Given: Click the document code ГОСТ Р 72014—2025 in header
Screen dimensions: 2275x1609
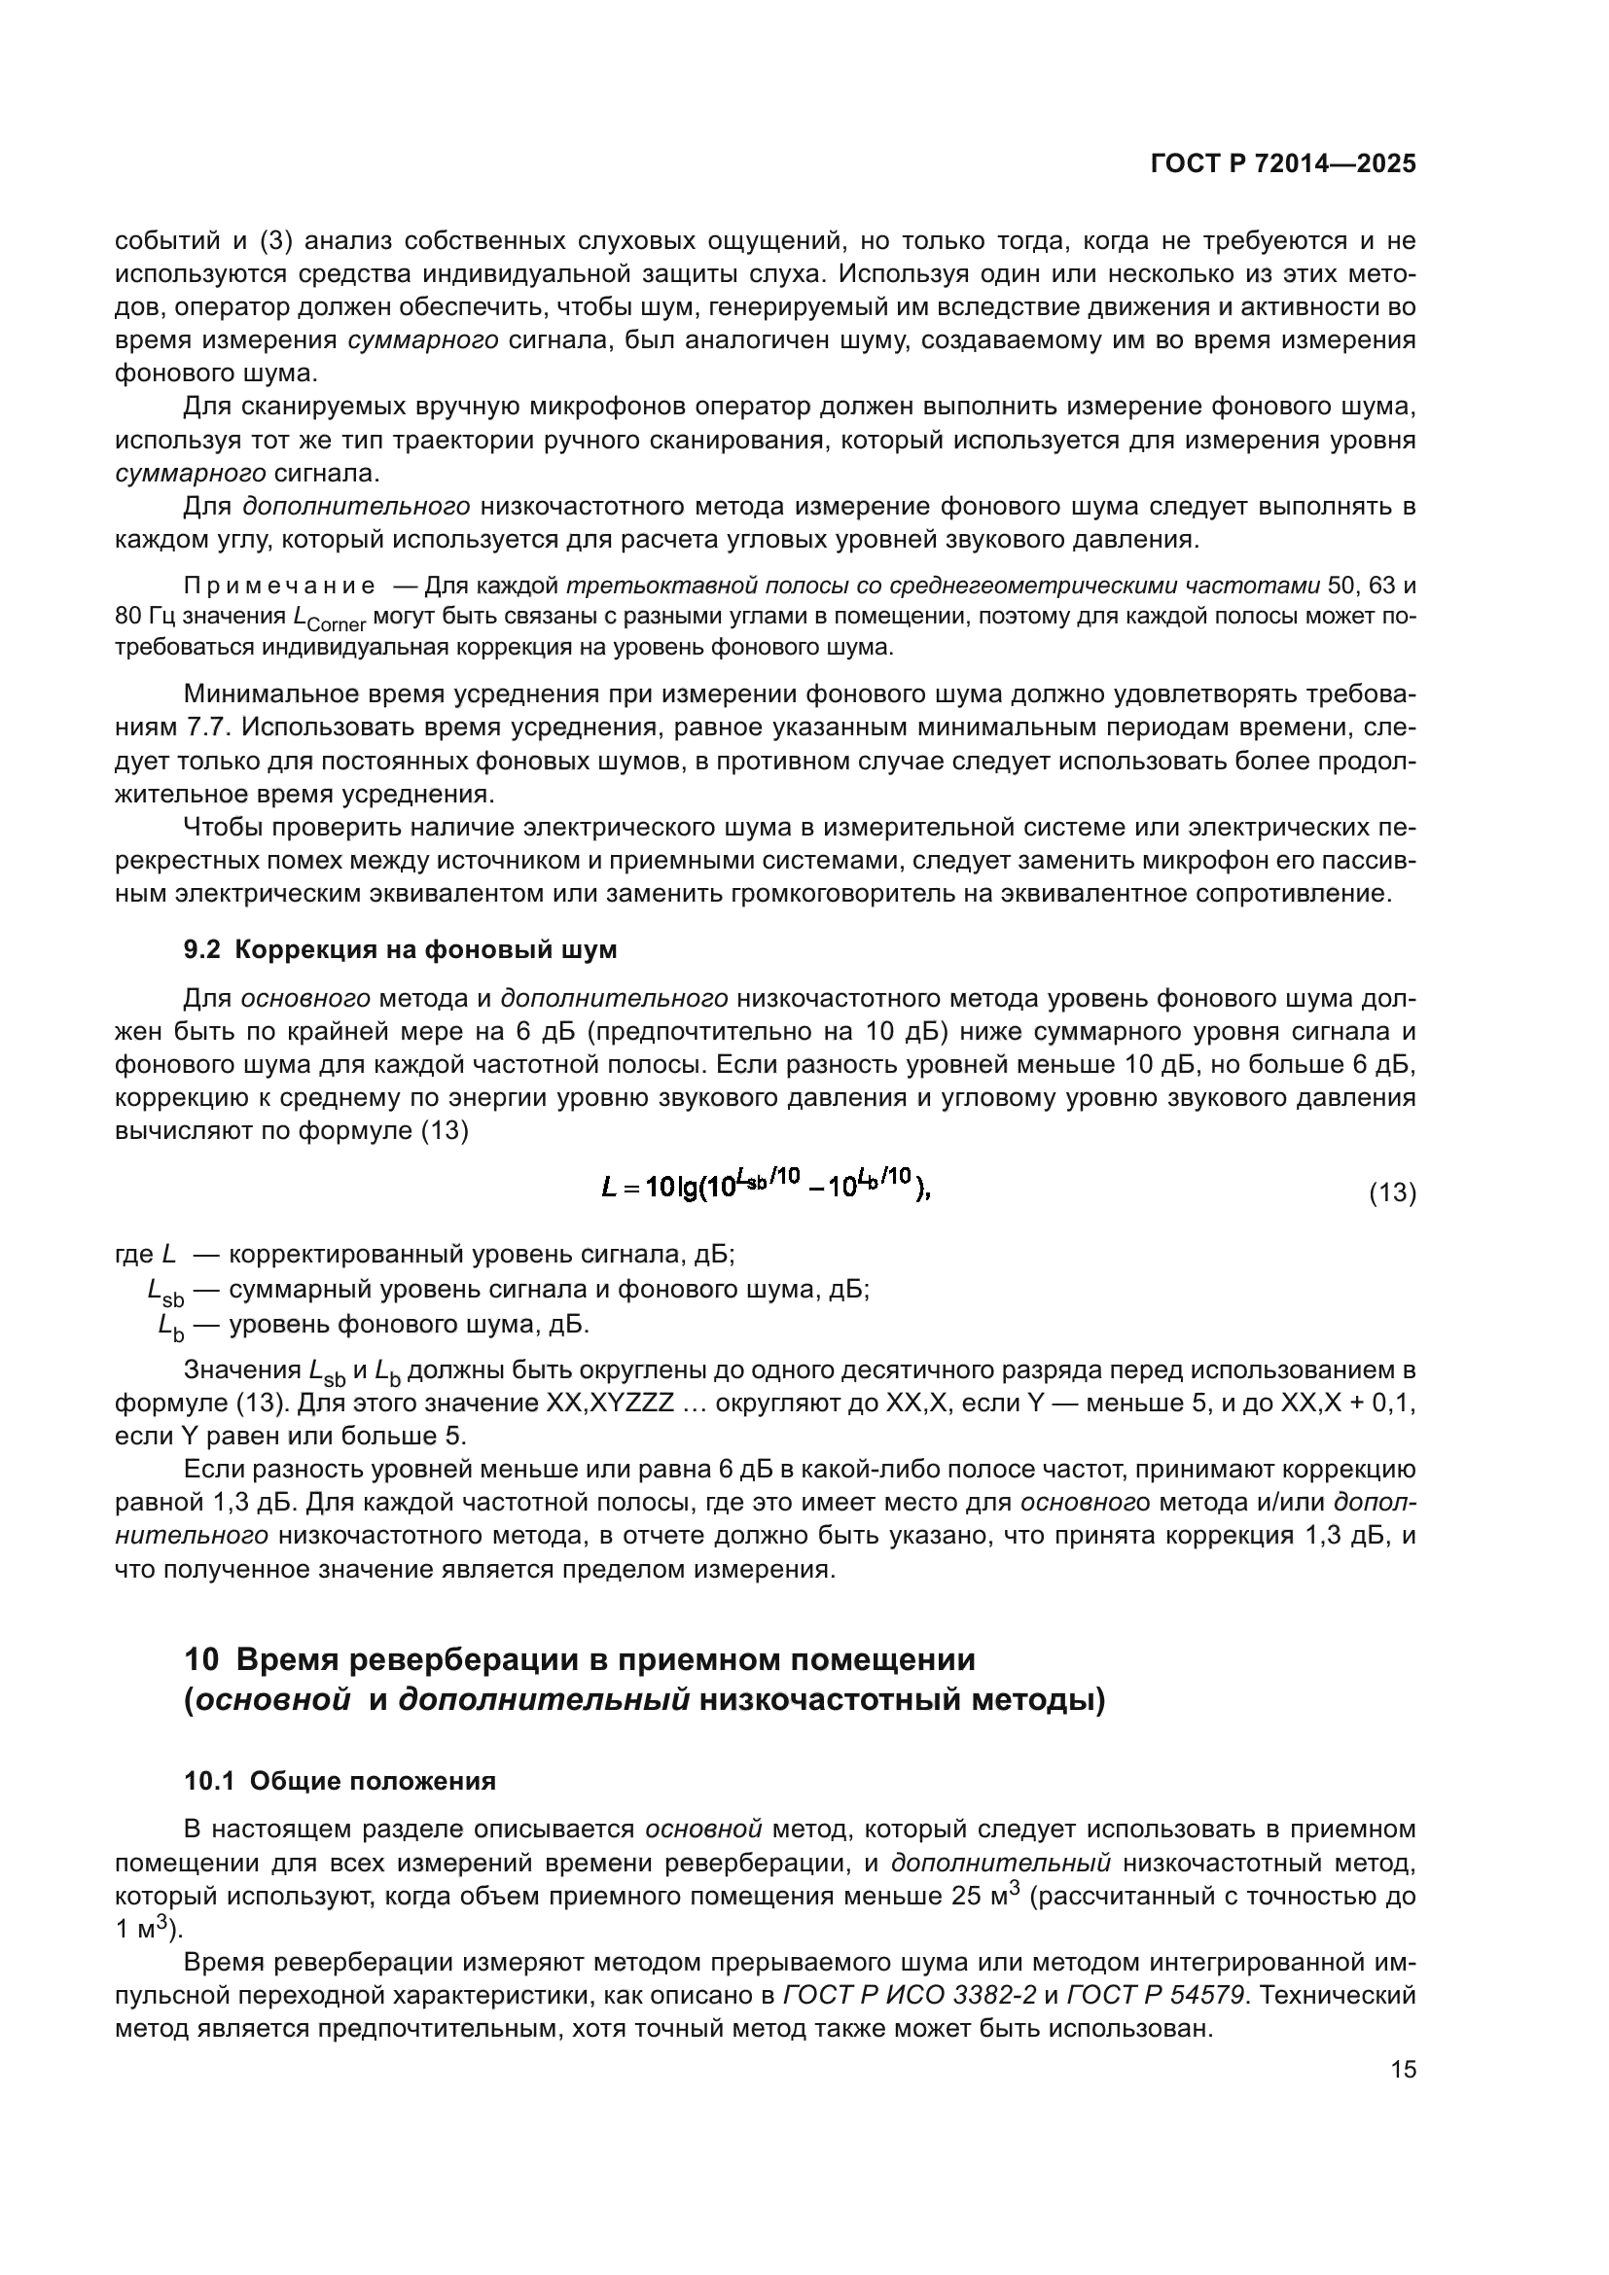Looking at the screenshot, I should click(x=1283, y=164).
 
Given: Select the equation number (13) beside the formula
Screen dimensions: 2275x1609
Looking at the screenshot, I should click(x=1392, y=1193).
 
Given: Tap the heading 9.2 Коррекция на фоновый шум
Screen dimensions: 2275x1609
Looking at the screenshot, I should click(x=400, y=949).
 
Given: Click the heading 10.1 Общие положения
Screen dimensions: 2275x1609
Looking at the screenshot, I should click(x=340, y=1782).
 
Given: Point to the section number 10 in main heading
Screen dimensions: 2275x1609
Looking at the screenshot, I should click(x=201, y=1658).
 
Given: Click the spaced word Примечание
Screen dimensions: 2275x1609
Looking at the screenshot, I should click(x=279, y=586).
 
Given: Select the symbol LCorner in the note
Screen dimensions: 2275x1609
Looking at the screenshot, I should click(x=330, y=619).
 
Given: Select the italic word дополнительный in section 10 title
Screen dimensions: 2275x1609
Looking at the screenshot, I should click(x=544, y=1700).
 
